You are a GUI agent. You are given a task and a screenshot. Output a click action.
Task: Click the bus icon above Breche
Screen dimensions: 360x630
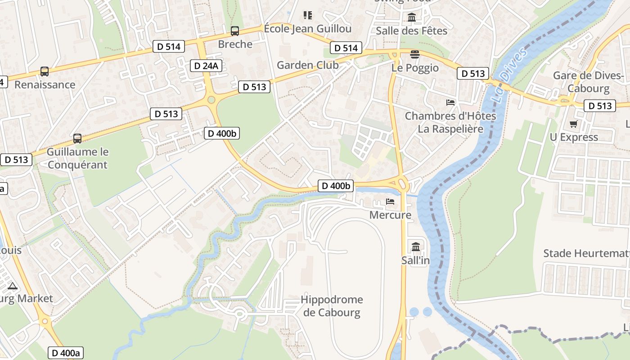[x=234, y=31]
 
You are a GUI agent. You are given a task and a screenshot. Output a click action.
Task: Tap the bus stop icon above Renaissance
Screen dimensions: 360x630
[x=44, y=72]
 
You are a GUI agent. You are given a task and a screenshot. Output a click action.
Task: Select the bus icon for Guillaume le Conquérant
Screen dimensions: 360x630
[x=77, y=139]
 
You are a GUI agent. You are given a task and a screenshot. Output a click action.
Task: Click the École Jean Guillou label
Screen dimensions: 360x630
[x=307, y=29]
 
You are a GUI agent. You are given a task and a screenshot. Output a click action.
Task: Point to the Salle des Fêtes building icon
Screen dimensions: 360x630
[x=412, y=18]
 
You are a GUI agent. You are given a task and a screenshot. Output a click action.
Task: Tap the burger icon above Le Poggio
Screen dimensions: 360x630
[x=414, y=54]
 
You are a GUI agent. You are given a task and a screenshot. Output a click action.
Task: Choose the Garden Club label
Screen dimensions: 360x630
[x=307, y=65]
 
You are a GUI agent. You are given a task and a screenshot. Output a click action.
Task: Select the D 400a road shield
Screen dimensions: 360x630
[x=66, y=353]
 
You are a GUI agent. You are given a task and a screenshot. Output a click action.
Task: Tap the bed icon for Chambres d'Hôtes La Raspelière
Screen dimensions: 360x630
[x=450, y=103]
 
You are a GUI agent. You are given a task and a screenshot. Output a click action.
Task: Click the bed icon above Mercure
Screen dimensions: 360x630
[x=390, y=202]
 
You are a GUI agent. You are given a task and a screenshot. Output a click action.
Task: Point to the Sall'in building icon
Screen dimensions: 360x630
[x=415, y=247]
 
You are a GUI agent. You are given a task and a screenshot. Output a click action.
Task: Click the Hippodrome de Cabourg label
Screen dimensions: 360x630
[x=332, y=306]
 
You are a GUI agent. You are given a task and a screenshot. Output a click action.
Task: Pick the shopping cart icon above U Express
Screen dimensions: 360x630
[x=573, y=124]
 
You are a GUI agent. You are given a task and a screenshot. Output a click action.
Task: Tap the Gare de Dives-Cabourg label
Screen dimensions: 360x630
[x=588, y=81]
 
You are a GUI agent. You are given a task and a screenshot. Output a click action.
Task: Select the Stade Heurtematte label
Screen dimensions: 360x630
[x=586, y=253]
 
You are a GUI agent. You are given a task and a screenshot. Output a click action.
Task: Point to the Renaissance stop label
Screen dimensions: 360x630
[x=45, y=85]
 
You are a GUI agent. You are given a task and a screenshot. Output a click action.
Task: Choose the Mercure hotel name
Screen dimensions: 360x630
[x=390, y=215]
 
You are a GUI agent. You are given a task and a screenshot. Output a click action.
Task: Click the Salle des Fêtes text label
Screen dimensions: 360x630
[x=411, y=31]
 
